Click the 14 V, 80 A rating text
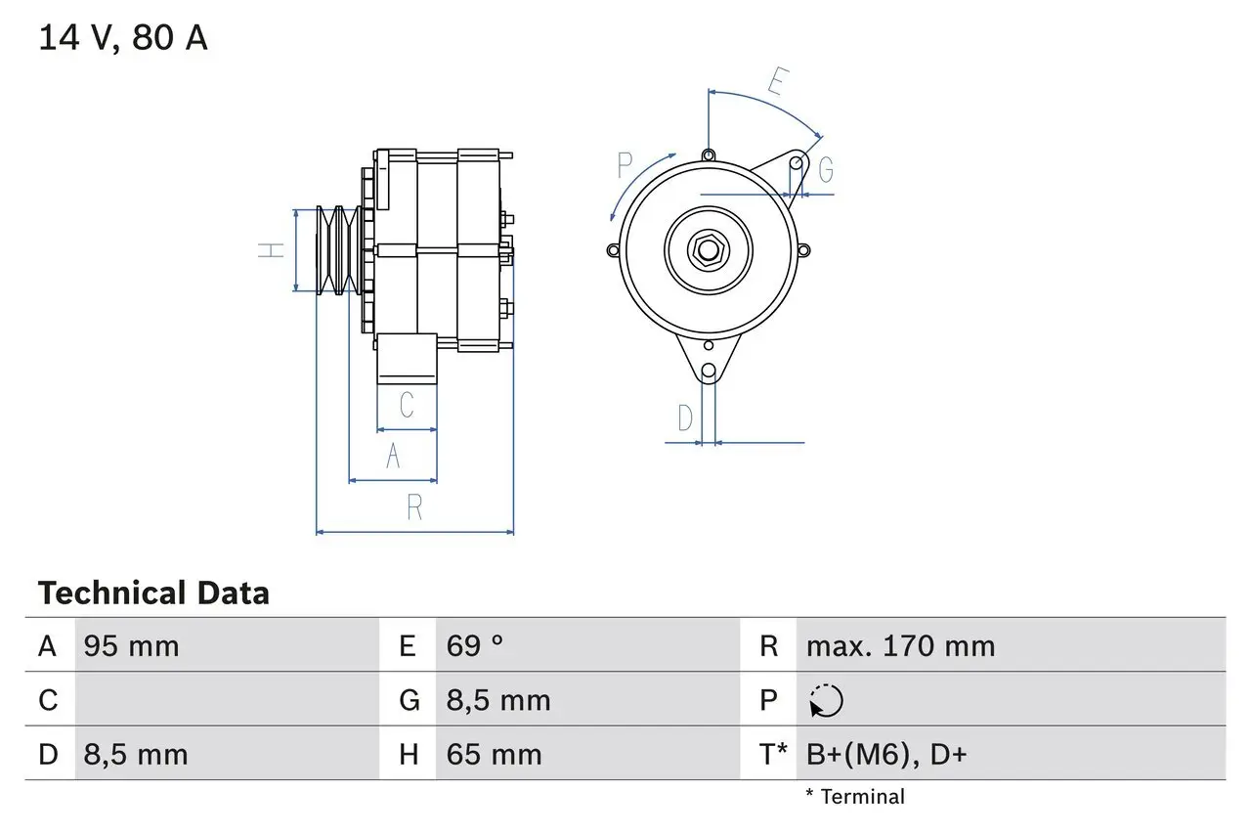[x=122, y=38]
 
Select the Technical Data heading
[x=153, y=593]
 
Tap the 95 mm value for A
[x=131, y=646]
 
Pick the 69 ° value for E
[x=476, y=646]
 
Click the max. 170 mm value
[x=900, y=646]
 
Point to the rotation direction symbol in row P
[x=826, y=700]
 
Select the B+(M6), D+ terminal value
[x=886, y=754]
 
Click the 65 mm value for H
[x=494, y=754]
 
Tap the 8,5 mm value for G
[x=498, y=700]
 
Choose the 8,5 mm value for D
[x=136, y=754]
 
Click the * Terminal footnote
[x=855, y=797]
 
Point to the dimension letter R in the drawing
[x=414, y=507]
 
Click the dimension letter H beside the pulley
[x=271, y=250]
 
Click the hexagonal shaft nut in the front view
[x=708, y=250]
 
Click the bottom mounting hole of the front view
[x=709, y=372]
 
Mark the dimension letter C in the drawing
[x=407, y=405]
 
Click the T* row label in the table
[x=774, y=754]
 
